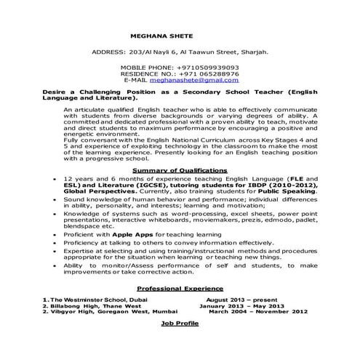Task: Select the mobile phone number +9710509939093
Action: point(203,66)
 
